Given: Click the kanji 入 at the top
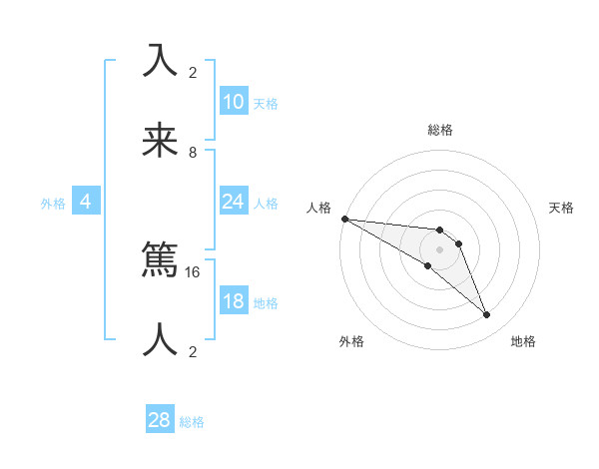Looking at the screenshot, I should tap(160, 61).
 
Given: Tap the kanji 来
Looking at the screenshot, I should tap(160, 142).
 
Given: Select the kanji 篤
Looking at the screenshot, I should tap(160, 262).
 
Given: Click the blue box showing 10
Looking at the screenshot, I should tap(234, 102).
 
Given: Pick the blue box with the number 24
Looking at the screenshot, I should tap(234, 202).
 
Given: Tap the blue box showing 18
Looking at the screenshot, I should tap(234, 301).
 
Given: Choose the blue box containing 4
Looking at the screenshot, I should tap(86, 202).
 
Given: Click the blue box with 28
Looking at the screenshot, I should tap(160, 420).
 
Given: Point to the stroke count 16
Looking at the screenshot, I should tap(193, 271).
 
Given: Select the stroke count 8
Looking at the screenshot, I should tap(193, 152).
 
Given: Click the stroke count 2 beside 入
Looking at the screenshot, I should tap(193, 72).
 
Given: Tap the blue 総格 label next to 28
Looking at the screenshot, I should tap(192, 422).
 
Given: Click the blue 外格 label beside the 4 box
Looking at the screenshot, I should tap(53, 203).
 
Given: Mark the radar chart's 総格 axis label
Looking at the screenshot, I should tap(439, 130).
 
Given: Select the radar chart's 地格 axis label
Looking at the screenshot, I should tap(523, 341).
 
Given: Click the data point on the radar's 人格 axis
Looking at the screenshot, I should tap(343, 219).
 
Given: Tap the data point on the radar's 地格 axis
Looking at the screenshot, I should tap(486, 314).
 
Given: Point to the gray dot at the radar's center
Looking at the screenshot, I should tap(439, 249).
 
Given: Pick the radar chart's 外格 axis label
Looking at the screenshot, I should tap(351, 341).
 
